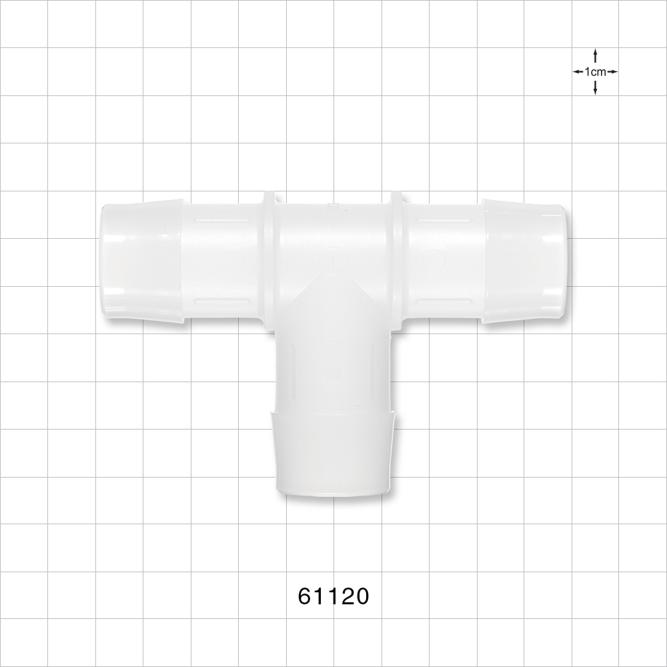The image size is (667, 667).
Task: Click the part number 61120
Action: tap(333, 596)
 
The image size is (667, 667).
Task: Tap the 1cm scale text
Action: tap(595, 71)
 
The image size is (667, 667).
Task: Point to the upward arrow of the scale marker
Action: tap(595, 55)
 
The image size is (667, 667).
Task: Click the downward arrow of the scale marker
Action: tap(595, 88)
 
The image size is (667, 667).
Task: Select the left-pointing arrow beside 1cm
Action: tap(578, 71)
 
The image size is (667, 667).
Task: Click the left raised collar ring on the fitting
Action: tap(269, 260)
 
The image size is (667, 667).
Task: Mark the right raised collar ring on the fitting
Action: tap(398, 260)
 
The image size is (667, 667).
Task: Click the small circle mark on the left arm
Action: tap(230, 259)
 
